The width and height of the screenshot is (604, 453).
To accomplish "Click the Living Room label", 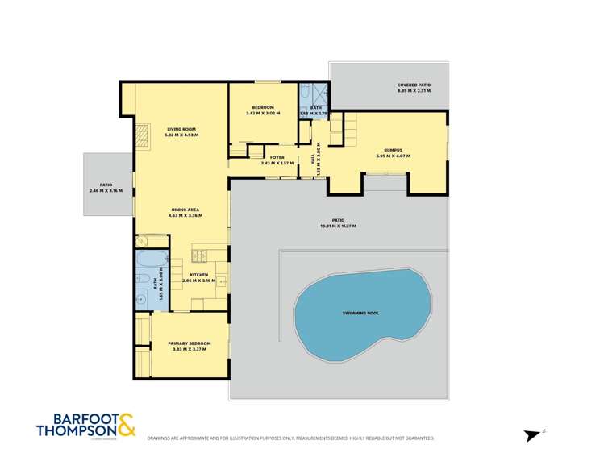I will [181, 130].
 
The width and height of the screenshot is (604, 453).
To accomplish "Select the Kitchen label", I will [198, 276].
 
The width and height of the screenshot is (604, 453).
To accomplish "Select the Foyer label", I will [278, 157].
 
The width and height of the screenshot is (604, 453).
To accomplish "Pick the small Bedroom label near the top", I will [263, 108].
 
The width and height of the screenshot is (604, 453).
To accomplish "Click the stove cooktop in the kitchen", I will [201, 256].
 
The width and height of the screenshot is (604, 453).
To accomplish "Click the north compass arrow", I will [533, 434].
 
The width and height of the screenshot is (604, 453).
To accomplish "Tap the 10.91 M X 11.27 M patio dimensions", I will [338, 226].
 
